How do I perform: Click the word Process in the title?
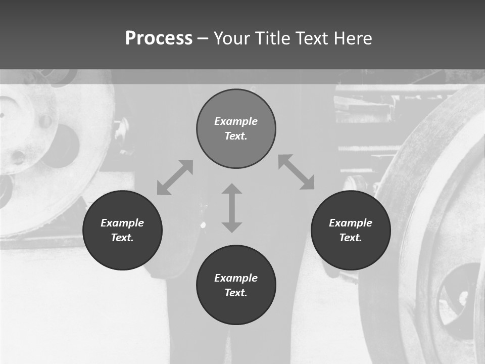159,38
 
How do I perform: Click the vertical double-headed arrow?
232,208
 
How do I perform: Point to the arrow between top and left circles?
175,177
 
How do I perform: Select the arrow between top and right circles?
297,172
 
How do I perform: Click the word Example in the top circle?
236,121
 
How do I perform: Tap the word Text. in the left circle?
122,238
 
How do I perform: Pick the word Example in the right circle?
351,223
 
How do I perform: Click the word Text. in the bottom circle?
236,293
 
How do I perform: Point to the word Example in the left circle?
122,223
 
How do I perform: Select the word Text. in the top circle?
236,136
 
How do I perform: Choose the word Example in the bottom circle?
236,278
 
